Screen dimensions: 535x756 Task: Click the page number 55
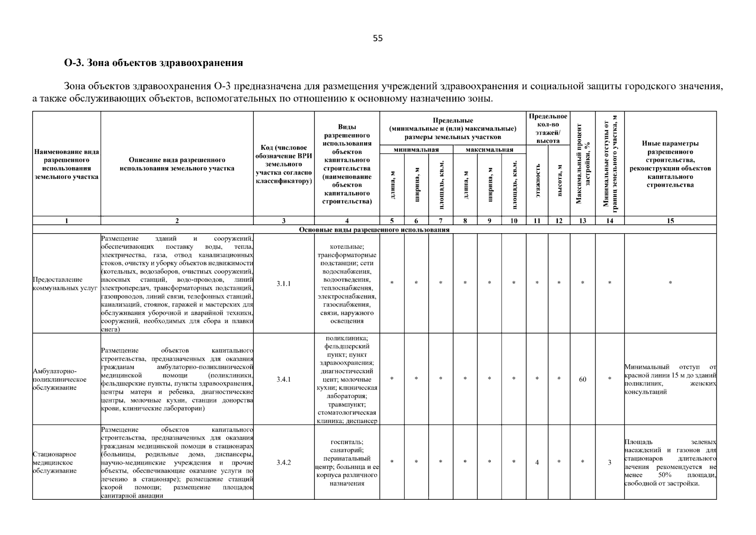tap(377, 38)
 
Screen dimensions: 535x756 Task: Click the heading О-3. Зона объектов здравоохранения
tap(154, 63)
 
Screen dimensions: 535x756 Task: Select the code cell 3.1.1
tap(283, 284)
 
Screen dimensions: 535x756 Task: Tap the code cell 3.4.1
tap(283, 379)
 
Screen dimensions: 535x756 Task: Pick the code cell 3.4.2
tap(283, 462)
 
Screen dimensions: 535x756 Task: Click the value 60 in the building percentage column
tap(582, 379)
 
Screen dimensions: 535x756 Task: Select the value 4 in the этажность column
tap(537, 462)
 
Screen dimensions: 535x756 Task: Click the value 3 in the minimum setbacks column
tap(609, 462)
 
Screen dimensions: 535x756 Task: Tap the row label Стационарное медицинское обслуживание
tap(55, 462)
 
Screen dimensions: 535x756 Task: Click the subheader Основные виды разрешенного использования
tap(374, 230)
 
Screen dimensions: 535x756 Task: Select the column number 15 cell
tap(670, 221)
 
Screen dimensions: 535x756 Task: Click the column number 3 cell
tap(283, 221)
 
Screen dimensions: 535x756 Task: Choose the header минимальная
tap(416, 150)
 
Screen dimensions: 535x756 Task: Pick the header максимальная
tap(489, 150)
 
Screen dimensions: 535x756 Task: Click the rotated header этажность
tap(538, 180)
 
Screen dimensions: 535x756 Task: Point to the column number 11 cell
tap(537, 221)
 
